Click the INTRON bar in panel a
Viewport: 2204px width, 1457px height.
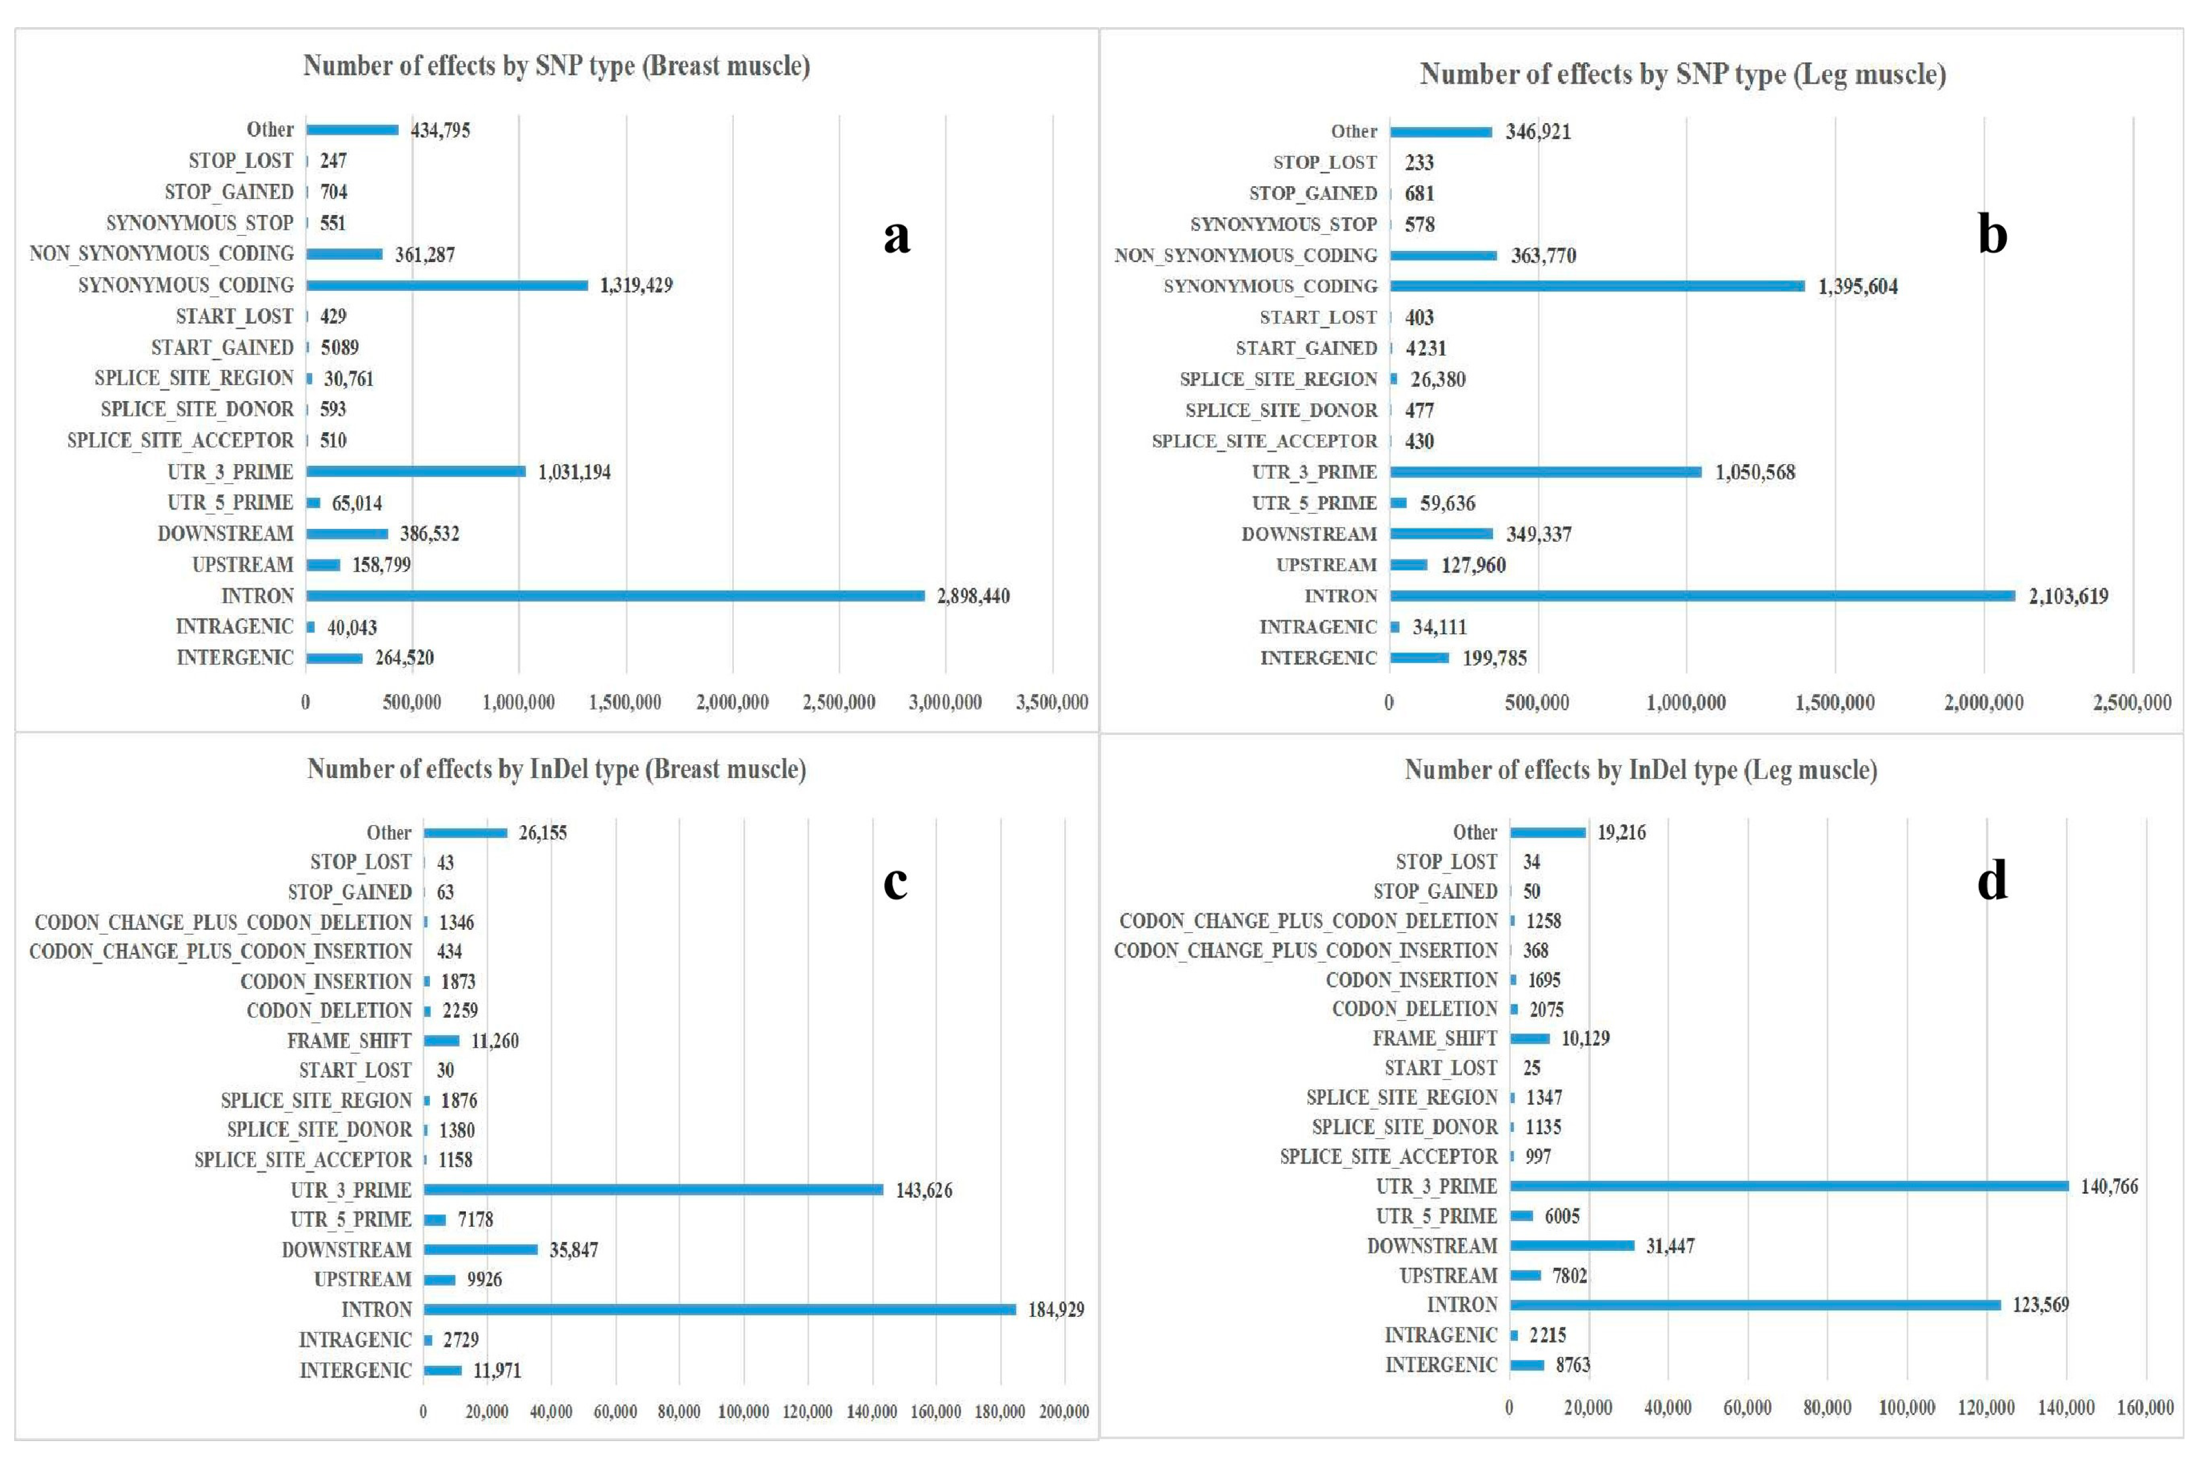(615, 595)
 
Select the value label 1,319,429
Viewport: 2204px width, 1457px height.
(636, 285)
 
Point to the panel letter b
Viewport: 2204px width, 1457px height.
(1991, 235)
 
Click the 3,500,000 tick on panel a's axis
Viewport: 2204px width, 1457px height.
(1052, 703)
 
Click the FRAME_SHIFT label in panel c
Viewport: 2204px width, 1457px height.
(349, 1041)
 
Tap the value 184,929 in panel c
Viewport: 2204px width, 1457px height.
(1055, 1309)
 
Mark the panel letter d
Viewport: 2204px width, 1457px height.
(1991, 880)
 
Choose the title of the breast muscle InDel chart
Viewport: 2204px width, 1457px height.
(557, 769)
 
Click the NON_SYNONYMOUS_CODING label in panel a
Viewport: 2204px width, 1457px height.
(161, 254)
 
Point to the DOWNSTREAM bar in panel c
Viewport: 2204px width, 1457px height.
(481, 1250)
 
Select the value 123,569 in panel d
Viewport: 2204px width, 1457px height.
(2040, 1304)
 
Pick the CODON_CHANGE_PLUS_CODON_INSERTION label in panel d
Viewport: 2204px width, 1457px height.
(1305, 951)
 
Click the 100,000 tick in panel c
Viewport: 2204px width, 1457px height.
(743, 1412)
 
